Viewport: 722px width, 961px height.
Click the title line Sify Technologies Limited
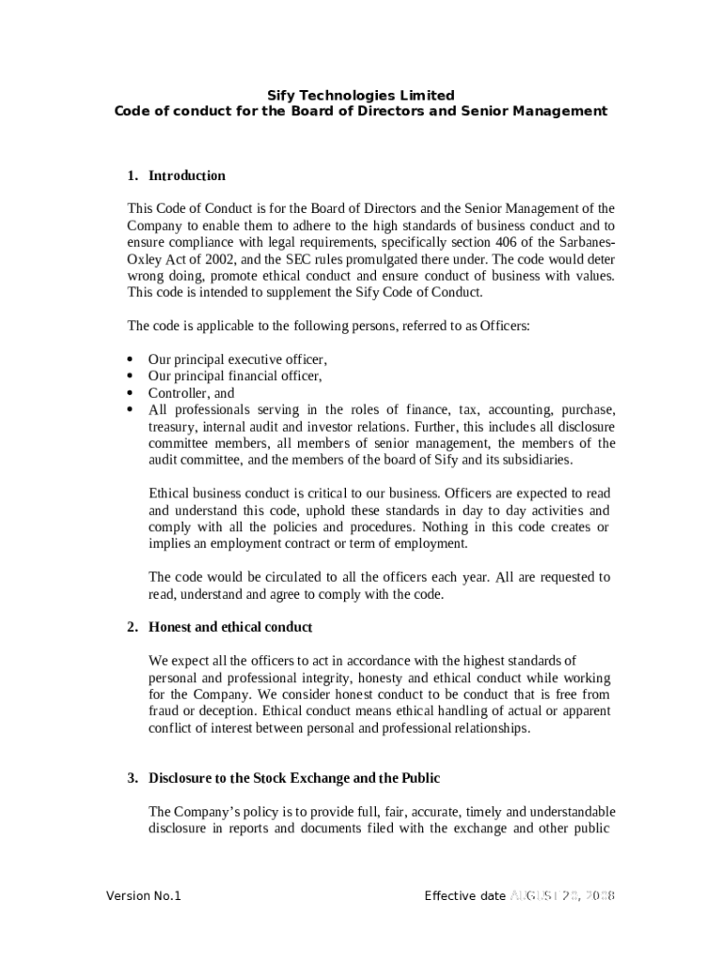pos(361,95)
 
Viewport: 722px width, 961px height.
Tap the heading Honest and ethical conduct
pos(230,627)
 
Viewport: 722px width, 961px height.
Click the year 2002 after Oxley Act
pos(221,259)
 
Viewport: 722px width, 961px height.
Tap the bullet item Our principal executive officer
pos(237,359)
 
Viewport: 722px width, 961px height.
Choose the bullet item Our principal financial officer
pos(234,376)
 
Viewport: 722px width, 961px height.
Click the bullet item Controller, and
pos(191,393)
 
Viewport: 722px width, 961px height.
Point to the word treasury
pos(173,426)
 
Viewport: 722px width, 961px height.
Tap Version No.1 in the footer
pos(143,895)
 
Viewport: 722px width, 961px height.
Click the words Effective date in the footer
pos(464,895)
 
